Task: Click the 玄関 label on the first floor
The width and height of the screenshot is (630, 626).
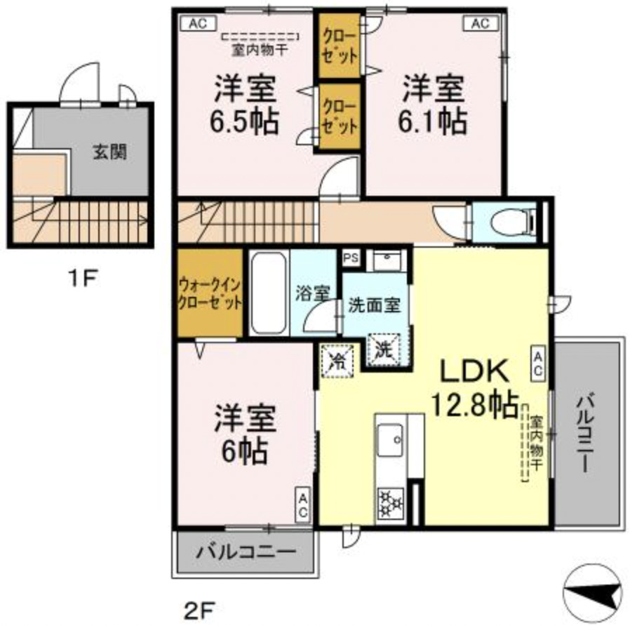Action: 110,151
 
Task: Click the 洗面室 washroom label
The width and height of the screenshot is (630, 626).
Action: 375,306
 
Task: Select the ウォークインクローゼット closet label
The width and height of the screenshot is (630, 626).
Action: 210,294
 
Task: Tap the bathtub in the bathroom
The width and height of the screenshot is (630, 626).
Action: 268,293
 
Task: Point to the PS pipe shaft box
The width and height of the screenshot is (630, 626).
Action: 351,258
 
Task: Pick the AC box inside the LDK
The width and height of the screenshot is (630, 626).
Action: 539,363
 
